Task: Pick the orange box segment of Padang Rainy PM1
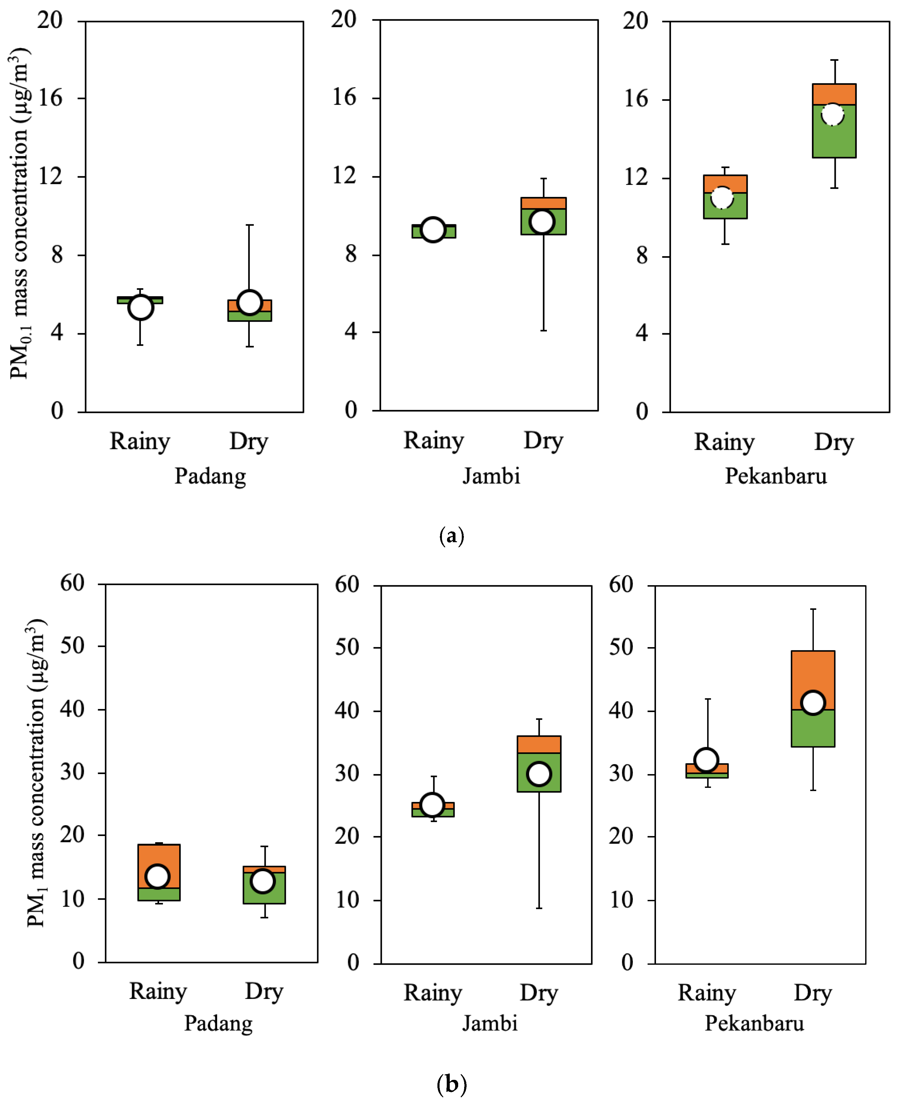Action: (159, 866)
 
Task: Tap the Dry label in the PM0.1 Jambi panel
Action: (543, 441)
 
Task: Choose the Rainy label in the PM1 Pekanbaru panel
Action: (706, 993)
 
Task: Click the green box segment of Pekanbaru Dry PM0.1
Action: (834, 131)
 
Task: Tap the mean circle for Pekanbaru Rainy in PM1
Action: (706, 760)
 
